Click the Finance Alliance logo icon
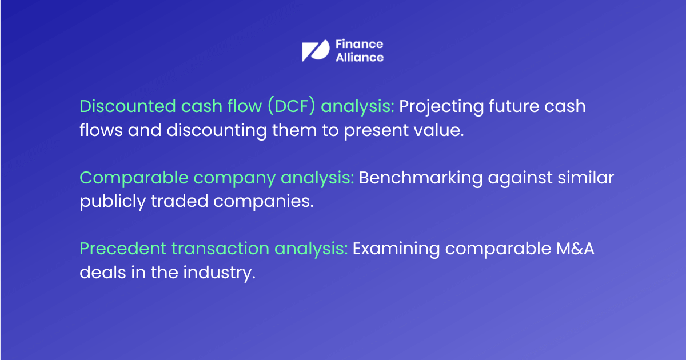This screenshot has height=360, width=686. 316,50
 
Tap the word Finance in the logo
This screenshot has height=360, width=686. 359,44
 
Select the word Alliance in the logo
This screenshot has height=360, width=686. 360,57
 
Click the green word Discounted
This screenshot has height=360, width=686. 127,106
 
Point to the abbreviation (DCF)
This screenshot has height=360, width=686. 291,106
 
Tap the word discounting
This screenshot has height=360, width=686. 217,131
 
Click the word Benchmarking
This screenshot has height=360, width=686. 421,178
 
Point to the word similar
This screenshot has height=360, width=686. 585,178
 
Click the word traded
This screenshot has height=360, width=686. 179,201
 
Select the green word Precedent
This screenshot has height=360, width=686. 123,248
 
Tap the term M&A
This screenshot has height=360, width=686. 575,248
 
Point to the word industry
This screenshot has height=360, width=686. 220,273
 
